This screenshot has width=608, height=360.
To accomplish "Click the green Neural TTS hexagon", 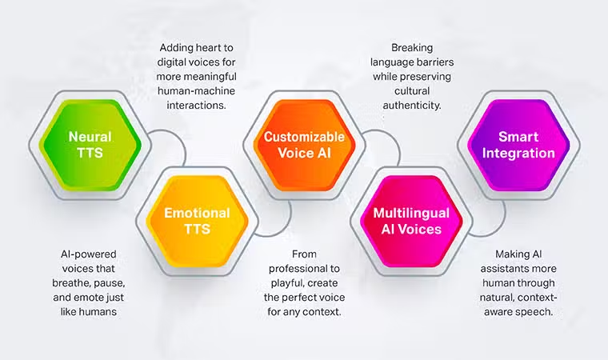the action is pyautogui.click(x=90, y=145).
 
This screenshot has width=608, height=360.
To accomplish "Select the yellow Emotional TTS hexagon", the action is pyautogui.click(x=197, y=221).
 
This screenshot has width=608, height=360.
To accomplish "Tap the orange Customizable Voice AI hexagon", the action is pyautogui.click(x=304, y=145).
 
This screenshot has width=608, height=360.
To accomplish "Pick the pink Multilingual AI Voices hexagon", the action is pyautogui.click(x=411, y=221).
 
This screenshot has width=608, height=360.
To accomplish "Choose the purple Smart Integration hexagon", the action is pyautogui.click(x=518, y=145).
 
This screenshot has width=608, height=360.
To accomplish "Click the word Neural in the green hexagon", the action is pyautogui.click(x=90, y=137).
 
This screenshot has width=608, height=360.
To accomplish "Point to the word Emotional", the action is pyautogui.click(x=197, y=213).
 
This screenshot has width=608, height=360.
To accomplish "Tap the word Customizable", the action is pyautogui.click(x=304, y=137).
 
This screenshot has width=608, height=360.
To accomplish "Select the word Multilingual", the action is pyautogui.click(x=411, y=214).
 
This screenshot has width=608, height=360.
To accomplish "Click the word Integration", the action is pyautogui.click(x=518, y=154).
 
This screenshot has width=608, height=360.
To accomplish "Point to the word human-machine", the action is pyautogui.click(x=196, y=90).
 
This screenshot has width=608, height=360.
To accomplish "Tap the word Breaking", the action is pyautogui.click(x=412, y=48).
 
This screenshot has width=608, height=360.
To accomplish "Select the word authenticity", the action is pyautogui.click(x=412, y=106).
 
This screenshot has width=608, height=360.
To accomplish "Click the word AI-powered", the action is pyautogui.click(x=89, y=254).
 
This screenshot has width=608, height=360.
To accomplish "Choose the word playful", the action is pyautogui.click(x=286, y=283).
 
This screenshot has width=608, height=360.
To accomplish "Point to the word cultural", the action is pyautogui.click(x=412, y=90).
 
